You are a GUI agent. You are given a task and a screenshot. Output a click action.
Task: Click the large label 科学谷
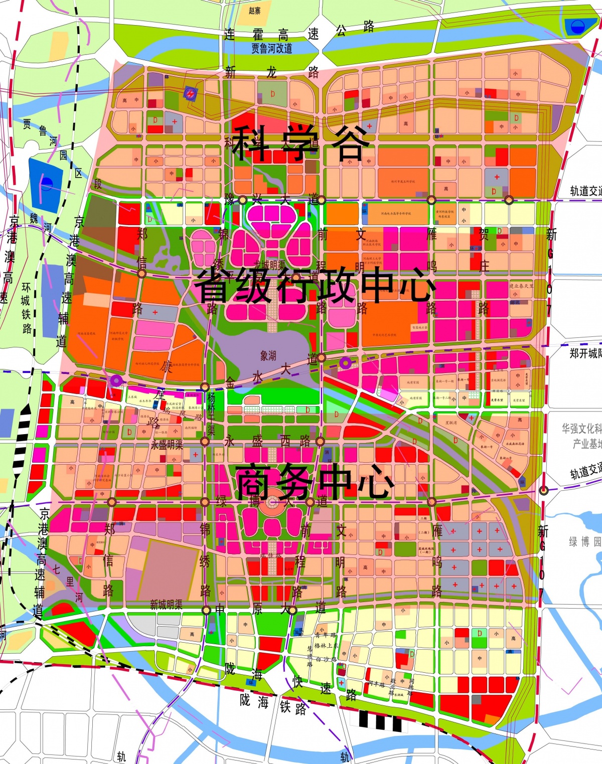[x=300, y=143]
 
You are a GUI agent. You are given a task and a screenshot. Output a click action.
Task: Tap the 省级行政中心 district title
[x=315, y=285]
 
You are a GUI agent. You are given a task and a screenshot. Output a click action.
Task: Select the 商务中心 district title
[x=315, y=481]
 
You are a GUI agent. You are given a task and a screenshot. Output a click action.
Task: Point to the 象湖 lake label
[x=268, y=355]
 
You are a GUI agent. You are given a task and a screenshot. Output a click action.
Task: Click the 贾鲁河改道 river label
[x=272, y=49]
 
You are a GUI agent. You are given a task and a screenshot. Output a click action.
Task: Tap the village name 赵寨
[x=255, y=11]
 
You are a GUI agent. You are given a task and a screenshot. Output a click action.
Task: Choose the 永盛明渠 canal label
[x=167, y=445]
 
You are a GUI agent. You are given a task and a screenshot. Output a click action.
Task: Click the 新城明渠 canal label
[x=166, y=605]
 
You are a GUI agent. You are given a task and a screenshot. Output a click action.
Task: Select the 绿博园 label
[x=584, y=541]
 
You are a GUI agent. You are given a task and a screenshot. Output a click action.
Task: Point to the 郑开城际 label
[x=585, y=353]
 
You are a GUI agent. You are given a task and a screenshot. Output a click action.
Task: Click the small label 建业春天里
[x=521, y=286]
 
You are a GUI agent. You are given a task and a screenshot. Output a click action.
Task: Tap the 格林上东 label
[x=326, y=646]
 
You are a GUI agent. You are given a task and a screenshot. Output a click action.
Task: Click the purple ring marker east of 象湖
[x=345, y=362]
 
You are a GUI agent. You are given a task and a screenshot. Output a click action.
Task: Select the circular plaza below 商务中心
[x=272, y=502]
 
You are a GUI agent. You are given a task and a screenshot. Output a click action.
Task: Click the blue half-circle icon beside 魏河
[x=47, y=183]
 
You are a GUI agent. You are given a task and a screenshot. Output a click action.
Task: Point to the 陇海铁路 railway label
[x=273, y=704]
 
